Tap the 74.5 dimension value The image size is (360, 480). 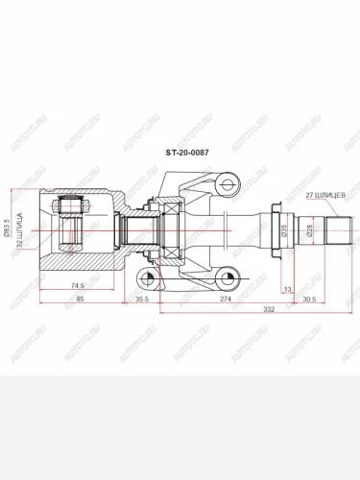76,286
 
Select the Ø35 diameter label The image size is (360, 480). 284,229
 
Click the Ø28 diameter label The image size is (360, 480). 309,229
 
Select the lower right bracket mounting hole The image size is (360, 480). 227,277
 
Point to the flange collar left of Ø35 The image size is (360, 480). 275,229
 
